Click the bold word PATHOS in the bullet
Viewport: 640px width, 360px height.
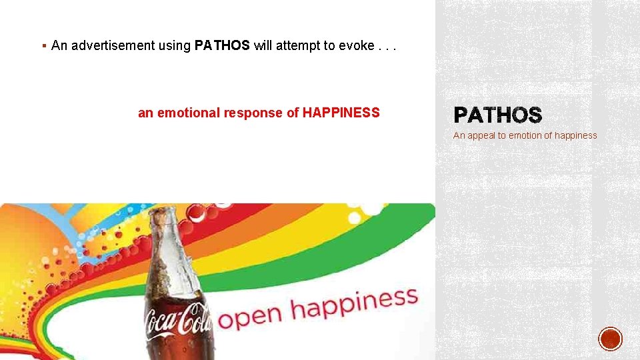(x=222, y=46)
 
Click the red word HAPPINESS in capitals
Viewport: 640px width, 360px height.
(x=341, y=113)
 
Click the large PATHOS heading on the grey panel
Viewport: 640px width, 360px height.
(x=497, y=116)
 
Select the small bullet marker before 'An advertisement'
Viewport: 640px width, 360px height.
(x=43, y=46)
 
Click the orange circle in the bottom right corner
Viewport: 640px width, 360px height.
(x=610, y=339)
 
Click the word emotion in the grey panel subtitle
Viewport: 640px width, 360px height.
(x=525, y=135)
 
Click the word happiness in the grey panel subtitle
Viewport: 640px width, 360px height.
(x=575, y=135)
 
